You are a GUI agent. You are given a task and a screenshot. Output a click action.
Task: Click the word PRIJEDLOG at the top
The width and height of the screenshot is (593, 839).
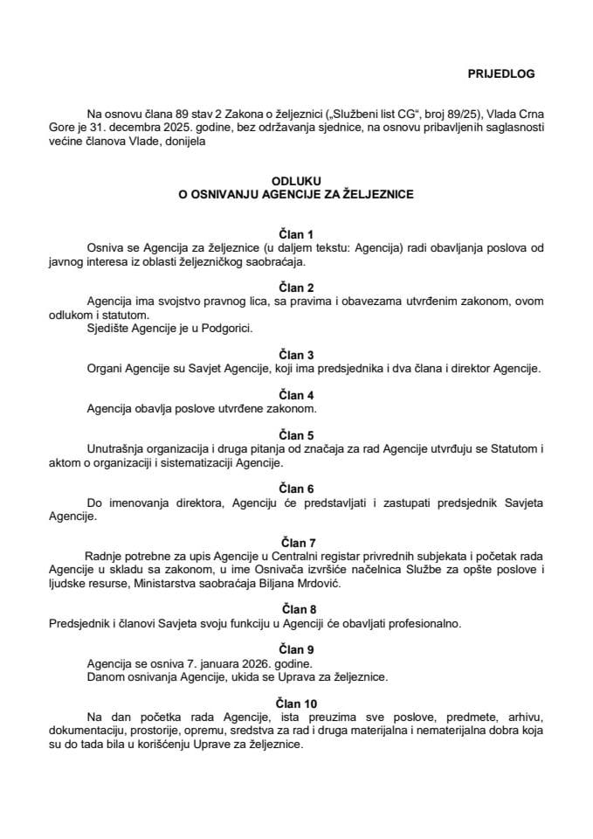click(x=506, y=74)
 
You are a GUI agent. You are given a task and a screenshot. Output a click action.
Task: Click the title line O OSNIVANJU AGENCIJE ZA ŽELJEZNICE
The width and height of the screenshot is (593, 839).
click(x=295, y=195)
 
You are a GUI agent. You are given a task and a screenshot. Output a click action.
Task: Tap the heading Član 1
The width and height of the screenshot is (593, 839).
click(x=295, y=235)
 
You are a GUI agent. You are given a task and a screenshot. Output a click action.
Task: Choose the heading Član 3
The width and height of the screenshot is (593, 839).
click(x=295, y=355)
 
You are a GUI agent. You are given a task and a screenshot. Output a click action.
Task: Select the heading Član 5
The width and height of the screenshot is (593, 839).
click(x=295, y=434)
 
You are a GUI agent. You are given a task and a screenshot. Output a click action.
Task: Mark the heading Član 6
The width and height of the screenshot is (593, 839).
click(x=295, y=488)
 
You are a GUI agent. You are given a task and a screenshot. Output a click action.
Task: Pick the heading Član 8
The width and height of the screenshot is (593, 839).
click(x=295, y=608)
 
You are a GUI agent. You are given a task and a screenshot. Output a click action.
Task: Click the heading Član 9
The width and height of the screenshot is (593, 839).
click(x=295, y=649)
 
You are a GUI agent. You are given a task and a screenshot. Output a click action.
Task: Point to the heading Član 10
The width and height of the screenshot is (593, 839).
click(x=295, y=703)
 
